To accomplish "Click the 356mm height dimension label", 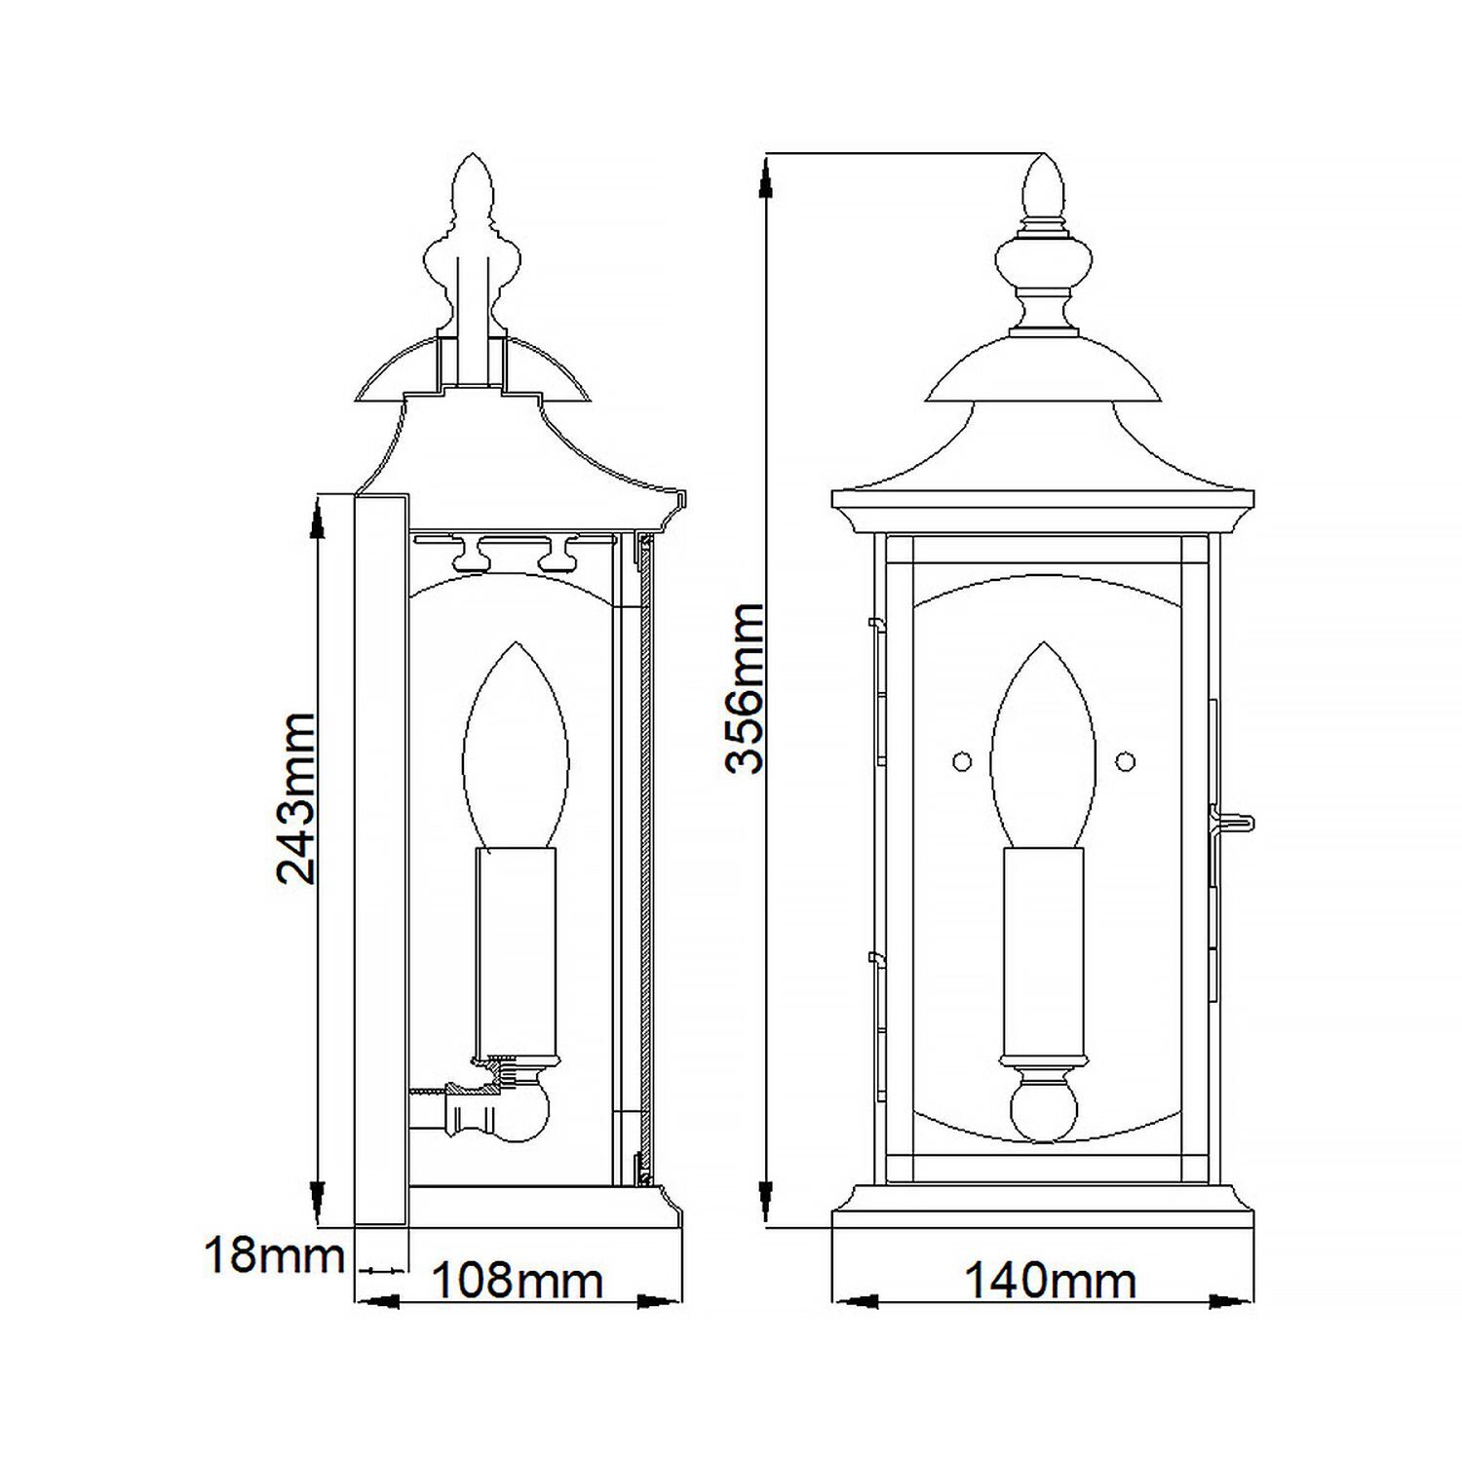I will (746, 688).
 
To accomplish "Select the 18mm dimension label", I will (274, 1255).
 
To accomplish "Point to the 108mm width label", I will (517, 1280).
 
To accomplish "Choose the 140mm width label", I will (1050, 1280).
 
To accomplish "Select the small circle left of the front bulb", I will (962, 759).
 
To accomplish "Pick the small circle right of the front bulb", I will (1126, 759).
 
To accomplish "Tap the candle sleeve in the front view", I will (1044, 950).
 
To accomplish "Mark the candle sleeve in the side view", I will (516, 950).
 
